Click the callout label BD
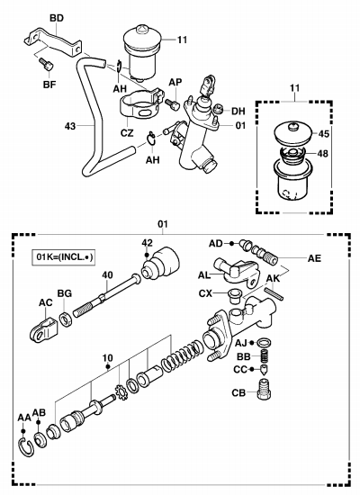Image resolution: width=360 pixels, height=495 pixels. tap(57, 18)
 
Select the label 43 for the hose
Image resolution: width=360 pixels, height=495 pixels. tap(70, 126)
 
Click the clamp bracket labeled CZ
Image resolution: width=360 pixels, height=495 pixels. tap(141, 105)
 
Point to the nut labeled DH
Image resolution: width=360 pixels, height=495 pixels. tap(218, 109)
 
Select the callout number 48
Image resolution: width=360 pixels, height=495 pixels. tap(323, 154)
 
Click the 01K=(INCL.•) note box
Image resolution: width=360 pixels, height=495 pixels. tap(64, 257)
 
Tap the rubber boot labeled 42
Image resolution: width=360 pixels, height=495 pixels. tap(160, 264)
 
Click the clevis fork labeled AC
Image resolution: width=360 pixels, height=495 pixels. tap(43, 330)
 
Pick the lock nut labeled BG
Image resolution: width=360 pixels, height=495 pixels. tap(66, 319)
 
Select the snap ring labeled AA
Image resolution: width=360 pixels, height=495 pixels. tap(26, 446)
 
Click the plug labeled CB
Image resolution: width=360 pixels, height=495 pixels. tap(264, 389)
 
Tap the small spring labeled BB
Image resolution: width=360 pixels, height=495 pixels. tap(265, 356)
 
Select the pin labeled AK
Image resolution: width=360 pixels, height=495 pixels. tap(274, 294)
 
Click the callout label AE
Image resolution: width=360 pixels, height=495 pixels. tap(314, 258)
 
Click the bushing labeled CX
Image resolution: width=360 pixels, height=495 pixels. tap(235, 295)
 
